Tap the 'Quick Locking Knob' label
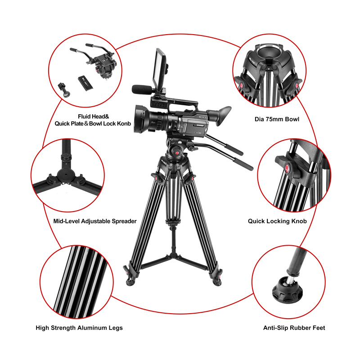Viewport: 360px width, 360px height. (277, 221)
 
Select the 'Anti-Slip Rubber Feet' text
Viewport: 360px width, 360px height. (294, 328)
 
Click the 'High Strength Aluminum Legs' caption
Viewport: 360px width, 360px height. (79, 328)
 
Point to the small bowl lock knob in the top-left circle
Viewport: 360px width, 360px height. (65, 88)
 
